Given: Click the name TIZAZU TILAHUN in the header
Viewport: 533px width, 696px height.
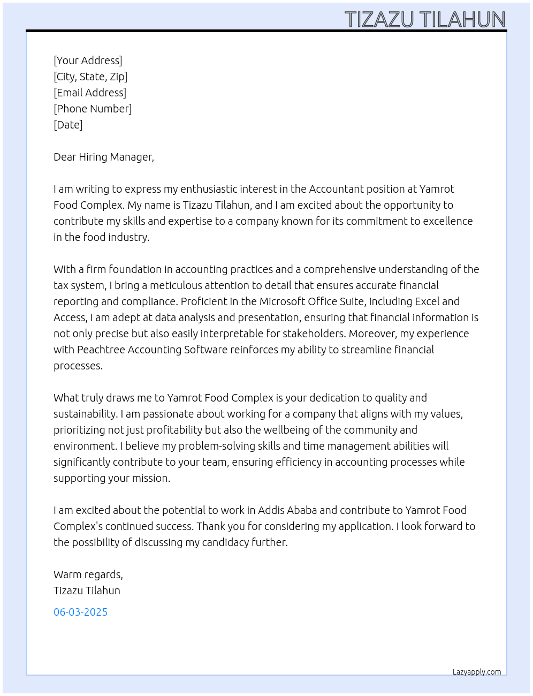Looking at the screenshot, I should pos(425,20).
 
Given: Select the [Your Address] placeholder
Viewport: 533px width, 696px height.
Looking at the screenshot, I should pos(88,60).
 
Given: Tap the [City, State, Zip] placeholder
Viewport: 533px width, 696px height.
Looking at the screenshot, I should pos(90,77).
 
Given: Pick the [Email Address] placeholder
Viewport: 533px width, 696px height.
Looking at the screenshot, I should pos(90,93).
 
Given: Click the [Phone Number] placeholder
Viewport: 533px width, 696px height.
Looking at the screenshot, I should pos(93,109).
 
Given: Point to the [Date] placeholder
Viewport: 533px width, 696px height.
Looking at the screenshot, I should pos(68,125).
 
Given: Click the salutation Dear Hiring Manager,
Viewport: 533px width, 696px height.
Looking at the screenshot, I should pos(104,157).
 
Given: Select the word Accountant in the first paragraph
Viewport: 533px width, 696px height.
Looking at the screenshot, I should pos(336,189).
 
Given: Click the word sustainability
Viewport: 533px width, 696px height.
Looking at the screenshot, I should pos(85,414).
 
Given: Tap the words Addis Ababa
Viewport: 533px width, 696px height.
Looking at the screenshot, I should pos(287,510).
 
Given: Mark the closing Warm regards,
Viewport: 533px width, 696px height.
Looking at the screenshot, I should pos(88,574).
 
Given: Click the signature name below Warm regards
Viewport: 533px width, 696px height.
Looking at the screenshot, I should pos(87,591).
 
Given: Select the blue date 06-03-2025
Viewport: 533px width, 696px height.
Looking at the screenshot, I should pos(80,612).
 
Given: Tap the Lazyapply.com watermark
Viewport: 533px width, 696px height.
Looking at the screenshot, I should pos(477,672).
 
